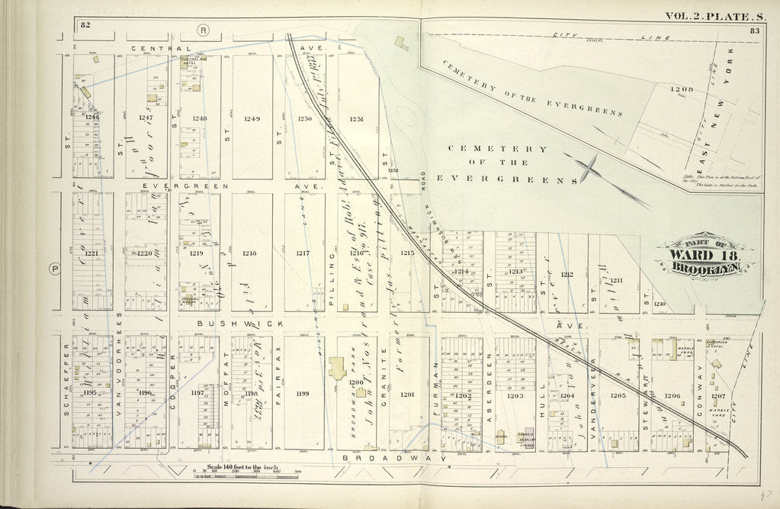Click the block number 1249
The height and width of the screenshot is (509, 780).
(252, 118)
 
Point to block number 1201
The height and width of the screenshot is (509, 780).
(407, 395)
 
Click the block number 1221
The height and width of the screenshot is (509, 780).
(92, 253)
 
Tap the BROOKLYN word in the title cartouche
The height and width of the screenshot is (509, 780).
(703, 269)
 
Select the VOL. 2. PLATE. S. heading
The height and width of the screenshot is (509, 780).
(714, 15)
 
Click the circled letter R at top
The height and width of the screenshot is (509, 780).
(203, 31)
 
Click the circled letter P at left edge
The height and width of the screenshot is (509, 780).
(54, 268)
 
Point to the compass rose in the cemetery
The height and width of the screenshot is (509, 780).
(589, 168)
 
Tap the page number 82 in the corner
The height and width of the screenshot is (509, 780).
(85, 25)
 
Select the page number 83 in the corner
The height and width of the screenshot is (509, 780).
(755, 31)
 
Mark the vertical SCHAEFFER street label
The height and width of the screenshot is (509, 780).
(67, 391)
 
